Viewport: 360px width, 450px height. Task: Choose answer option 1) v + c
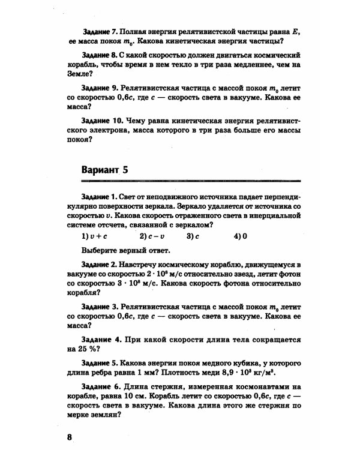(92, 236)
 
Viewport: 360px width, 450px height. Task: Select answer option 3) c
(192, 236)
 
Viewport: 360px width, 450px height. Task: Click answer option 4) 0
(241, 236)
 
